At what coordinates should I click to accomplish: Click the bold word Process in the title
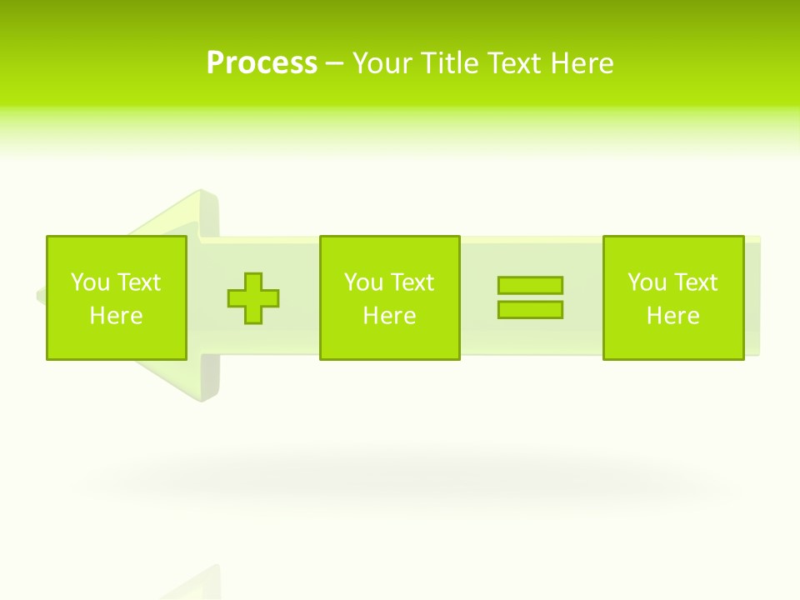[262, 63]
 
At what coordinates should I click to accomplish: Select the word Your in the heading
[383, 63]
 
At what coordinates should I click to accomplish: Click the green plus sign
[253, 297]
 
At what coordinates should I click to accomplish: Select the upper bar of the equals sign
[530, 285]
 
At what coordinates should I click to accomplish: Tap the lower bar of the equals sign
[530, 309]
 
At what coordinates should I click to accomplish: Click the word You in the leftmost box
[90, 282]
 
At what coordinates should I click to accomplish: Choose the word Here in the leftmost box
[116, 316]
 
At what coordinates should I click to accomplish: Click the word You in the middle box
[363, 282]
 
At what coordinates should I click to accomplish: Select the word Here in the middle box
[389, 316]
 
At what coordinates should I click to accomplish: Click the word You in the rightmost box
[647, 282]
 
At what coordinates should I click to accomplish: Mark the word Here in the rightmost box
[672, 316]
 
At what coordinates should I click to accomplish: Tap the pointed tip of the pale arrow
[39, 296]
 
